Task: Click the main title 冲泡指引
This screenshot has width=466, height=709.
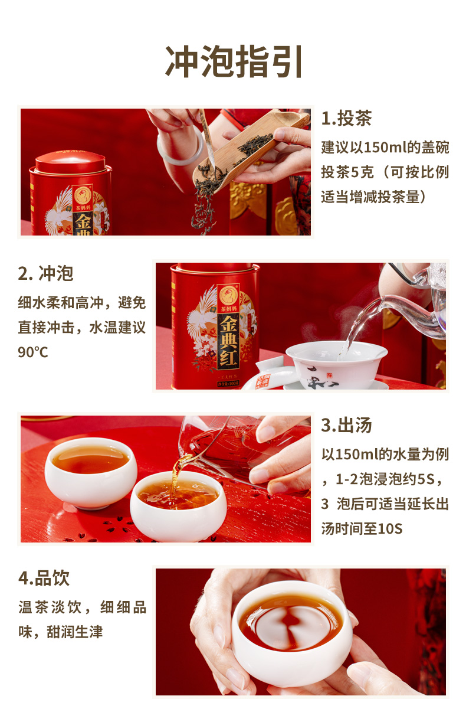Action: pos(233,61)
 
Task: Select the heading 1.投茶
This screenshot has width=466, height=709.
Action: pos(346,119)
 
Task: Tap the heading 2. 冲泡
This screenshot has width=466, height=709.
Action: pos(45,273)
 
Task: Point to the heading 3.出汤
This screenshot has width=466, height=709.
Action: pos(346,425)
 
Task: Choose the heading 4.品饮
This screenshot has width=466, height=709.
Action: pos(44,578)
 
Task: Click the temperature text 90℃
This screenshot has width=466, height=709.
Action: pos(33,352)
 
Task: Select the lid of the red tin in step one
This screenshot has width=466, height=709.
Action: pos(70,162)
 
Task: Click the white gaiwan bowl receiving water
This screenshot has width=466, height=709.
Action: pos(336,364)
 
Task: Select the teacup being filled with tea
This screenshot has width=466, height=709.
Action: pos(178,505)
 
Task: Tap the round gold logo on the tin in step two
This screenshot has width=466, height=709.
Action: pos(228,295)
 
